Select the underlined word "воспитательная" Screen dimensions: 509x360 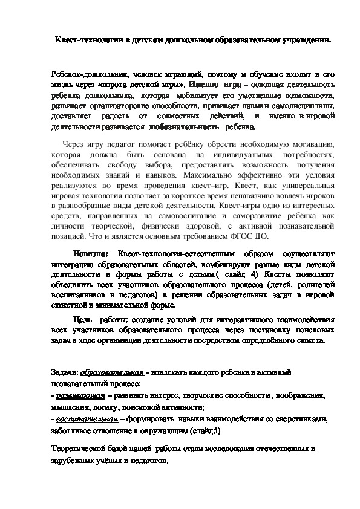(84, 418)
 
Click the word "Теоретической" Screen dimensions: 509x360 (80, 449)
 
